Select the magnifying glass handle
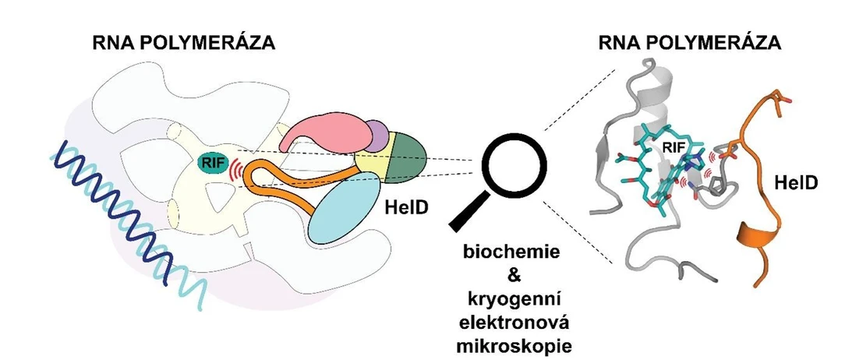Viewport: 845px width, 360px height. tap(467, 214)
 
